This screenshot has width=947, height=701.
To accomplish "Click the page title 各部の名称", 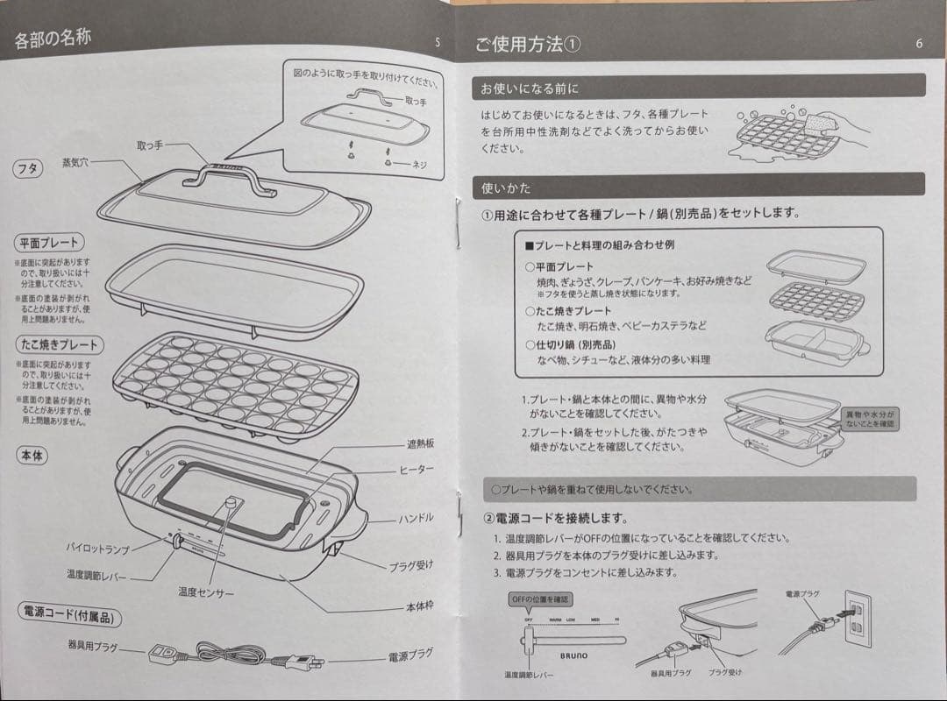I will click(x=53, y=39).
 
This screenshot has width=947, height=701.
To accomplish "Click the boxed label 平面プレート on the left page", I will click(x=49, y=243).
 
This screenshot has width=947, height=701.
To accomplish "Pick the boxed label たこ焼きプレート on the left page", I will click(x=58, y=344).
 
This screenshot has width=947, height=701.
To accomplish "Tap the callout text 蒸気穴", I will click(x=76, y=163).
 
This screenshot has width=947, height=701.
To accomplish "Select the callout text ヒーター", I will click(x=417, y=471).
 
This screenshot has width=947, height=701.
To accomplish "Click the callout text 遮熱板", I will click(x=420, y=444).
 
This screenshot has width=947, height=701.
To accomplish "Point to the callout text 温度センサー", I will click(x=206, y=593).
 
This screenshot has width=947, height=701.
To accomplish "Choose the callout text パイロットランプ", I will click(x=97, y=549).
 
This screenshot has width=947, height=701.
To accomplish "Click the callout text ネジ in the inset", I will click(x=419, y=165).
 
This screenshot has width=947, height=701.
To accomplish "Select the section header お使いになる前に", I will click(x=529, y=89).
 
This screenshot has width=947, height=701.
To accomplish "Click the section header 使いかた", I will click(x=507, y=188).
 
